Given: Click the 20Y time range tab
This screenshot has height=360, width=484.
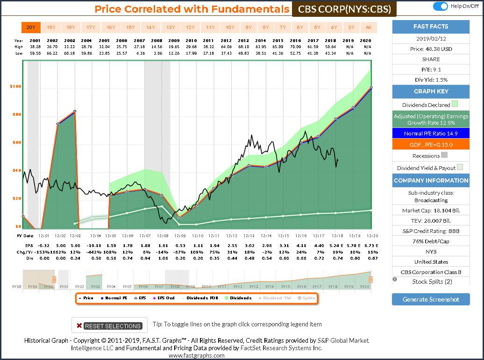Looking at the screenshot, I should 30,28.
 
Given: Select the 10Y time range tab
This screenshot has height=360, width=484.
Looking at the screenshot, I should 230,28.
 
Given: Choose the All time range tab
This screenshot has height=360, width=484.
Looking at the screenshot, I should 369,28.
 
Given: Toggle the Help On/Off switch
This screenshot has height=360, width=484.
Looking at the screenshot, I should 440,6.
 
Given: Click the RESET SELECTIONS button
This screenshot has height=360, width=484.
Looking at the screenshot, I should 109,325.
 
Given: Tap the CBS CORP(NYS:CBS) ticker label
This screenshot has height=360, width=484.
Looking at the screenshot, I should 344,9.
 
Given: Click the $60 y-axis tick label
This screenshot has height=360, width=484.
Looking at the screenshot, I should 15,143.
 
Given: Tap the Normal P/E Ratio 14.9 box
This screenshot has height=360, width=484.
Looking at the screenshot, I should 431,134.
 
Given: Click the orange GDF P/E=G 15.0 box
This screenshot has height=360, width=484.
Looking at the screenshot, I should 431,145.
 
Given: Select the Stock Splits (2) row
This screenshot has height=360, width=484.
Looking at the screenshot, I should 431,282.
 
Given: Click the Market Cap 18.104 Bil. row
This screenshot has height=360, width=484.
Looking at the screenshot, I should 431,211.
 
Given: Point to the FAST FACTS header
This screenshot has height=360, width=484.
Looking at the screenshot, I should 431,27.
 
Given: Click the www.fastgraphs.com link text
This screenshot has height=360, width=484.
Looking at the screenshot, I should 196,355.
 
